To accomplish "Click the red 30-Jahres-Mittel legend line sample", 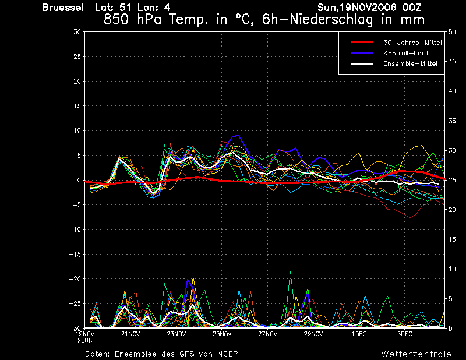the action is (x=362, y=43).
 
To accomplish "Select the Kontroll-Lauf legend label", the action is (x=405, y=53).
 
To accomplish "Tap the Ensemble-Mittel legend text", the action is (x=410, y=63).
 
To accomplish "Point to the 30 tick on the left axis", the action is (x=77, y=31).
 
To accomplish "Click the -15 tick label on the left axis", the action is (x=75, y=254).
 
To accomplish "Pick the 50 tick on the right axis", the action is (x=452, y=32).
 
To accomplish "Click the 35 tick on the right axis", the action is (x=452, y=121).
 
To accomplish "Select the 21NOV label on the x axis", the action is (x=130, y=334).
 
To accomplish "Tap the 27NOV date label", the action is (x=267, y=334).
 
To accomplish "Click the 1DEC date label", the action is (x=359, y=334).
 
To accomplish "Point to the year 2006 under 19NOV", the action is (x=84, y=341).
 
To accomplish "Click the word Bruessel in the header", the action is (x=63, y=8).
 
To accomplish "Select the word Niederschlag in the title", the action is (x=331, y=20).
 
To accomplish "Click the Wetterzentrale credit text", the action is (x=416, y=354).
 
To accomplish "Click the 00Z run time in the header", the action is (x=412, y=8).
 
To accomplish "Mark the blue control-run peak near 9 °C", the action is (x=236, y=136).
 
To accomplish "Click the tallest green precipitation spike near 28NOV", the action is (x=290, y=271).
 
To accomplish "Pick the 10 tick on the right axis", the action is (x=452, y=269).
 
